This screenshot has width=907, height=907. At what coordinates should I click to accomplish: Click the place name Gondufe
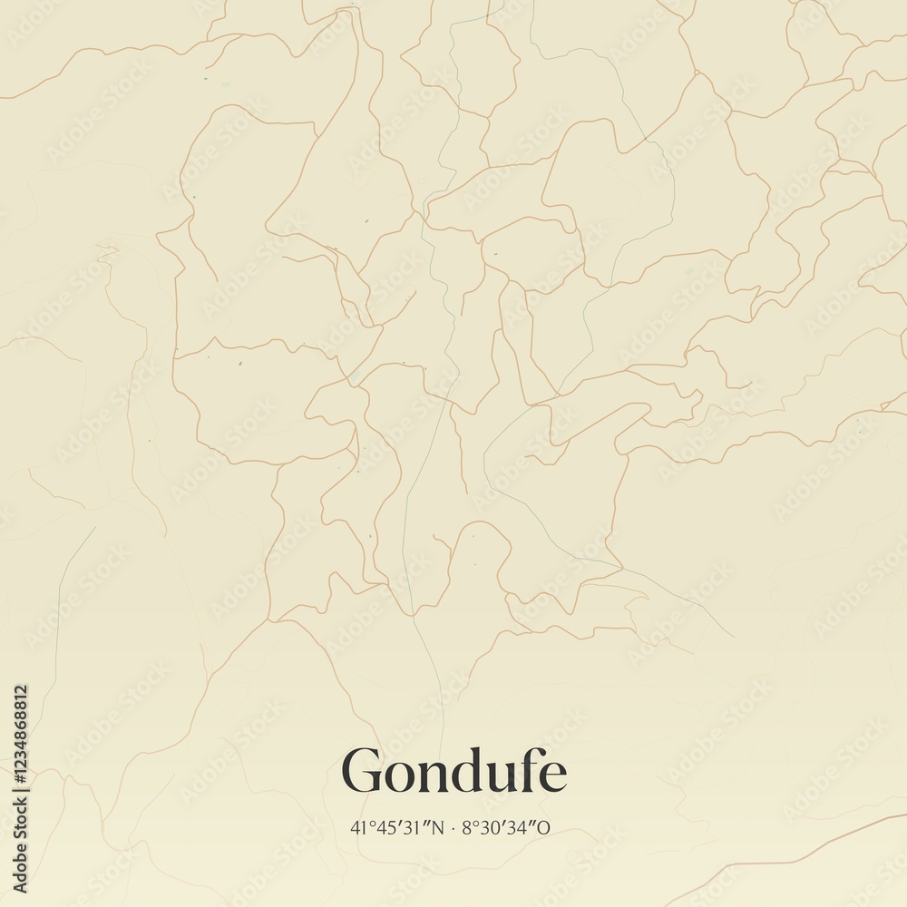tap(453, 772)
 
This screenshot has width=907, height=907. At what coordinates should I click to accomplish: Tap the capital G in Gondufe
tap(361, 772)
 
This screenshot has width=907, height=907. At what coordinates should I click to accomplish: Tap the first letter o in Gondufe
tap(396, 776)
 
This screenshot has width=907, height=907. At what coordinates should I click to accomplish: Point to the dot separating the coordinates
tap(453, 827)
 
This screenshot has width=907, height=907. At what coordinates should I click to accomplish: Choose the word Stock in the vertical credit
tap(20, 827)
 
